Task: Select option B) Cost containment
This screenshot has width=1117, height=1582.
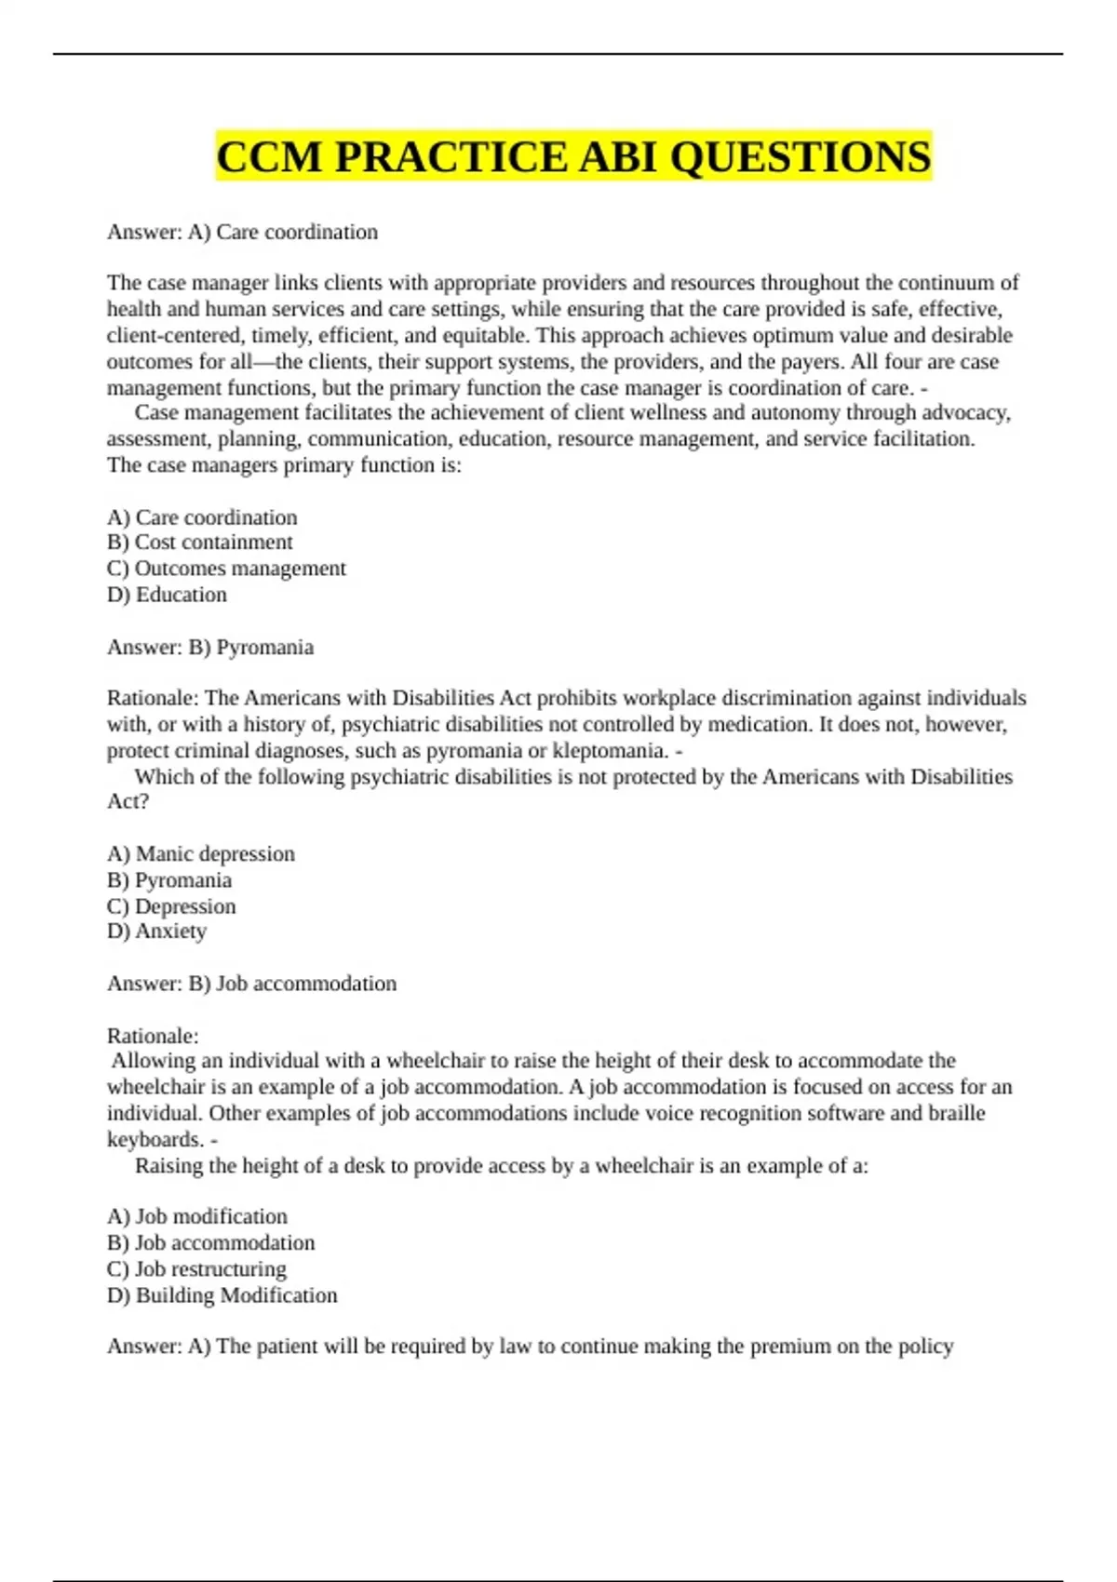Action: pyautogui.click(x=199, y=543)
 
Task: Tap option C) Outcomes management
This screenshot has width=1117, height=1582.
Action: pyautogui.click(x=226, y=569)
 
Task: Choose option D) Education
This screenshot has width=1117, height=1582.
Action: pyautogui.click(x=167, y=595)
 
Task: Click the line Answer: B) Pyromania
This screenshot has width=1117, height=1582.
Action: pyautogui.click(x=210, y=647)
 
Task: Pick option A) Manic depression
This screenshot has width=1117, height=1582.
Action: pyautogui.click(x=201, y=854)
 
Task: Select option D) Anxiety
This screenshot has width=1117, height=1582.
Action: pyautogui.click(x=156, y=932)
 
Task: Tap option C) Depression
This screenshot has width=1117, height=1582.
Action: pyautogui.click(x=171, y=906)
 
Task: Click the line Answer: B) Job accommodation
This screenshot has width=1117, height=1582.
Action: pyautogui.click(x=251, y=984)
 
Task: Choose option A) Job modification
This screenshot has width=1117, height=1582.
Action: pyautogui.click(x=197, y=1216)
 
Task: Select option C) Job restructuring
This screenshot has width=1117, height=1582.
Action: pyautogui.click(x=196, y=1268)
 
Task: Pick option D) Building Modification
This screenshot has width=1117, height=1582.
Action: pyautogui.click(x=222, y=1295)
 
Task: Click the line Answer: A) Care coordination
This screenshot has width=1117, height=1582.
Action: pyautogui.click(x=242, y=232)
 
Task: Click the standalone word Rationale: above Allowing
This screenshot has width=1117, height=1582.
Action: pyautogui.click(x=153, y=1036)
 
